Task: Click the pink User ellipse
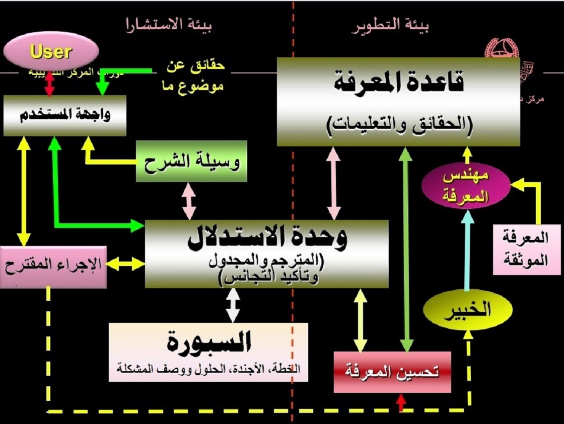coord(50,52)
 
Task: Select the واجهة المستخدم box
coord(64,115)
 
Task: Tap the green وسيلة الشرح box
coord(191,161)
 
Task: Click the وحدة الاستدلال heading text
coord(267,237)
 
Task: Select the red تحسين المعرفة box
coord(392,372)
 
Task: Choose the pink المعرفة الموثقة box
coord(520,250)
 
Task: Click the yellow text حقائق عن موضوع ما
coord(195,76)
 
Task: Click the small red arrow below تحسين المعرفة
coord(401,402)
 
